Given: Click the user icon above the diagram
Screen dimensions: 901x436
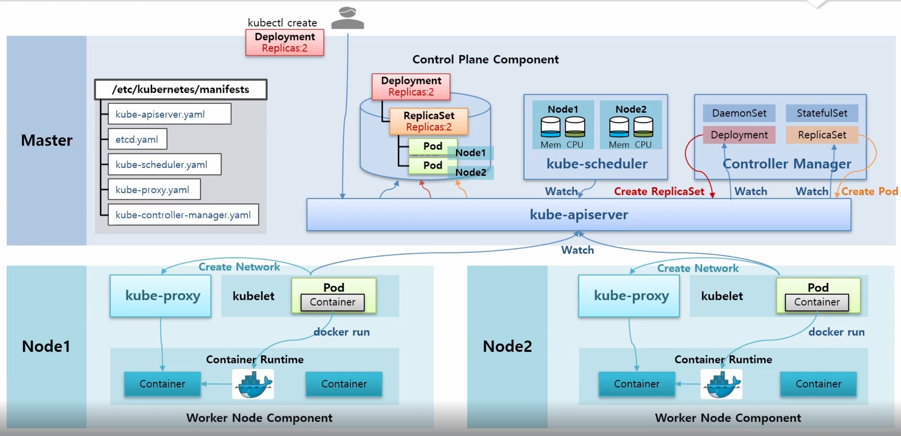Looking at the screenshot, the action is click(x=348, y=18).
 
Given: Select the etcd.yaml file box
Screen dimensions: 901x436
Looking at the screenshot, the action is click(x=137, y=139).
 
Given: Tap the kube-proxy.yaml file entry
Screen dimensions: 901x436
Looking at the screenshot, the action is click(x=154, y=189).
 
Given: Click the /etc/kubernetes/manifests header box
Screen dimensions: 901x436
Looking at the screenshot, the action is click(x=181, y=90).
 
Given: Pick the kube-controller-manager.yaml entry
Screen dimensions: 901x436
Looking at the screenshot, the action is click(x=183, y=214).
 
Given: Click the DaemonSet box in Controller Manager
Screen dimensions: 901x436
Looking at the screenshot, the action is click(x=739, y=113).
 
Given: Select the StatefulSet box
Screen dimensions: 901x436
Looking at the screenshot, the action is click(x=822, y=113).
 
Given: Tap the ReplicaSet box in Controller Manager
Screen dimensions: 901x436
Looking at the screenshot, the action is click(x=822, y=135).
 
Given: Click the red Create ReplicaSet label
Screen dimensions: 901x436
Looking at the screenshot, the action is click(x=659, y=192).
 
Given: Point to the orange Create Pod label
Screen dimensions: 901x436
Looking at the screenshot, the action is click(x=869, y=192).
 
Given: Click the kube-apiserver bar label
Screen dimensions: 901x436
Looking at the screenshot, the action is click(x=579, y=214).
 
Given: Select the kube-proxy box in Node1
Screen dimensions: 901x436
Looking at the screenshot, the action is click(x=160, y=296).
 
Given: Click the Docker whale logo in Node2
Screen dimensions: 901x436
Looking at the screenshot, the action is click(x=722, y=384).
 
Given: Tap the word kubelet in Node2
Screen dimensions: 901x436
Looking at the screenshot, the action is click(x=722, y=296).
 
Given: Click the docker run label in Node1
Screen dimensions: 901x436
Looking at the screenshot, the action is click(x=341, y=332).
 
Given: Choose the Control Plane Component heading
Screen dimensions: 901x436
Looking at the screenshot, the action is click(x=486, y=60).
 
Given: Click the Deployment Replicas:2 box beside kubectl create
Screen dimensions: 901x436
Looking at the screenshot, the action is click(x=285, y=42).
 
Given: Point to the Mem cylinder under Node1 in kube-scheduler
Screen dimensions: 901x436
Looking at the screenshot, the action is click(x=551, y=127).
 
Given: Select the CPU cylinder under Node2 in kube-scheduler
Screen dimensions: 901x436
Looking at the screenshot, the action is click(x=643, y=127).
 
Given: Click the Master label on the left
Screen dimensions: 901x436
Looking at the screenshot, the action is click(x=47, y=140).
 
